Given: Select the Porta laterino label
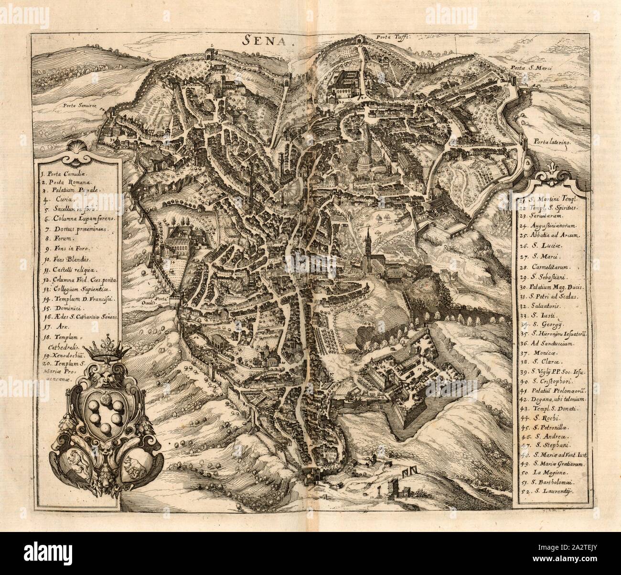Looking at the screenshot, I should (549, 141).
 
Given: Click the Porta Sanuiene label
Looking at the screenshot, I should (77, 105).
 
